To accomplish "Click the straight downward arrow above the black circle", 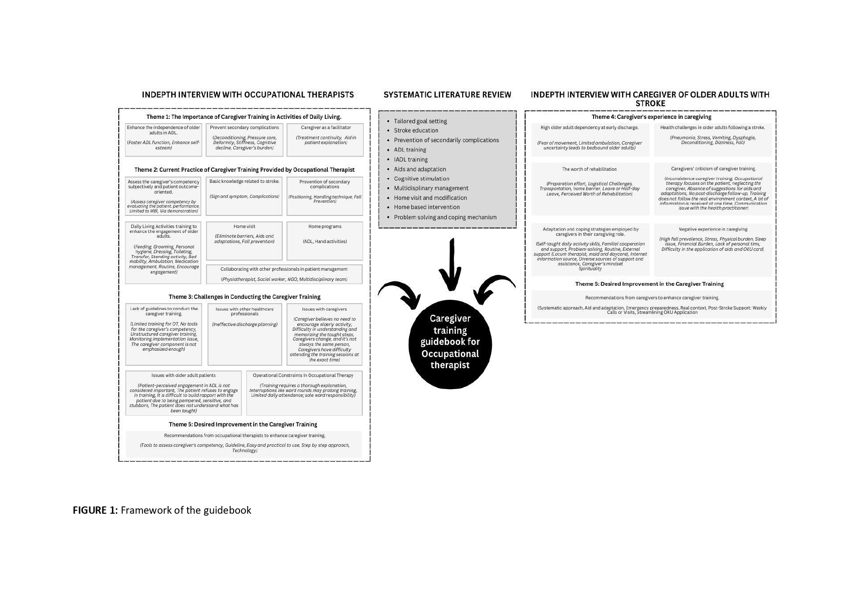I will pyautogui.click(x=451, y=264).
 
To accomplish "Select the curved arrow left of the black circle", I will pyautogui.click(x=400, y=293).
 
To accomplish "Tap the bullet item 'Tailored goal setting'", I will pyautogui.click(x=420, y=121).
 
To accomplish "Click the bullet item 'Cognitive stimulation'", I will pyautogui.click(x=421, y=179).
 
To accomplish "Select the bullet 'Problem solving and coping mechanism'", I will pyautogui.click(x=445, y=217).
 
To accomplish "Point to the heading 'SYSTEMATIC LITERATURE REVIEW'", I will pyautogui.click(x=447, y=95).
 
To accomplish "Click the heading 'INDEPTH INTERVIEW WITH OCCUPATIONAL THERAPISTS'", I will pyautogui.click(x=248, y=95).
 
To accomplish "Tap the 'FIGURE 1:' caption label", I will pyautogui.click(x=96, y=510).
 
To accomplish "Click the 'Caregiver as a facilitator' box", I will pyautogui.click(x=325, y=140).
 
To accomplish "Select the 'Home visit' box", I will pyautogui.click(x=244, y=241).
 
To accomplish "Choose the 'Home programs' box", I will pyautogui.click(x=324, y=241).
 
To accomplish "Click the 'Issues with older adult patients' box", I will pyautogui.click(x=183, y=393).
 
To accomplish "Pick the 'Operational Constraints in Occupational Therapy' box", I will pyautogui.click(x=304, y=393).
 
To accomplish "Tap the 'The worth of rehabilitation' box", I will pyautogui.click(x=590, y=189).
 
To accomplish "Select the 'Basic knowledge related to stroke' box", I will pyautogui.click(x=244, y=196).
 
